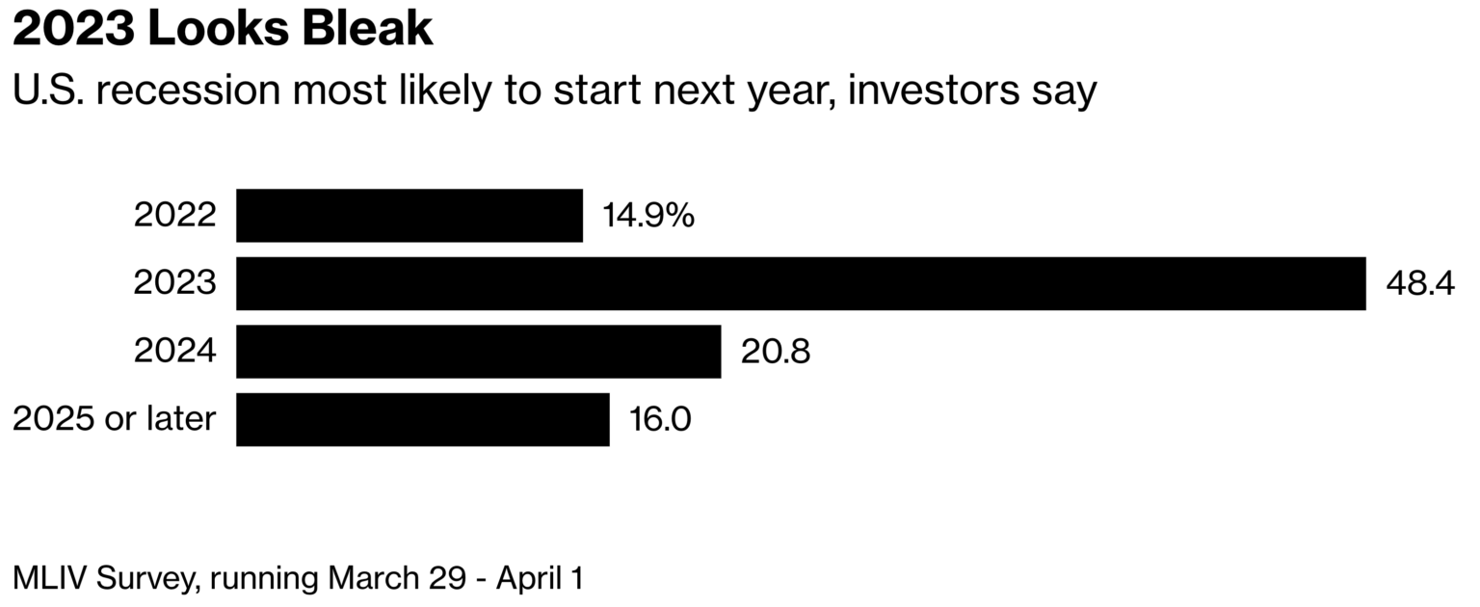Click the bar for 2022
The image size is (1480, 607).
point(410,215)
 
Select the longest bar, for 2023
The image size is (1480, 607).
point(802,283)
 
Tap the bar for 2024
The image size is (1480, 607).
point(479,352)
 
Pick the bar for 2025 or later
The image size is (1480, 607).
point(423,419)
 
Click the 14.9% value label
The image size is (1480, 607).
point(648,215)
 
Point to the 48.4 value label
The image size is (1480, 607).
point(1420,283)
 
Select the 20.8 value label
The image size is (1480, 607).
point(775,352)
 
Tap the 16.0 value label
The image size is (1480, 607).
point(660,419)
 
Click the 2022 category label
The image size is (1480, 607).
point(175,215)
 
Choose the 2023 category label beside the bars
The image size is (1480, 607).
point(175,282)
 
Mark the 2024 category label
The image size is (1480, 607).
point(175,350)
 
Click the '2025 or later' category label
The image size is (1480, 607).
point(115,418)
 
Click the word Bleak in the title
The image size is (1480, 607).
point(368,28)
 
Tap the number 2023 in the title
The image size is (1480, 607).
point(73,28)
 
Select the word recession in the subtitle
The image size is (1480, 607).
point(188,90)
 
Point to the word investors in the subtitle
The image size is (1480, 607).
point(935,90)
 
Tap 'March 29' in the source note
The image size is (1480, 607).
point(397,578)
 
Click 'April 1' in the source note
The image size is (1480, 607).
point(540,579)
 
